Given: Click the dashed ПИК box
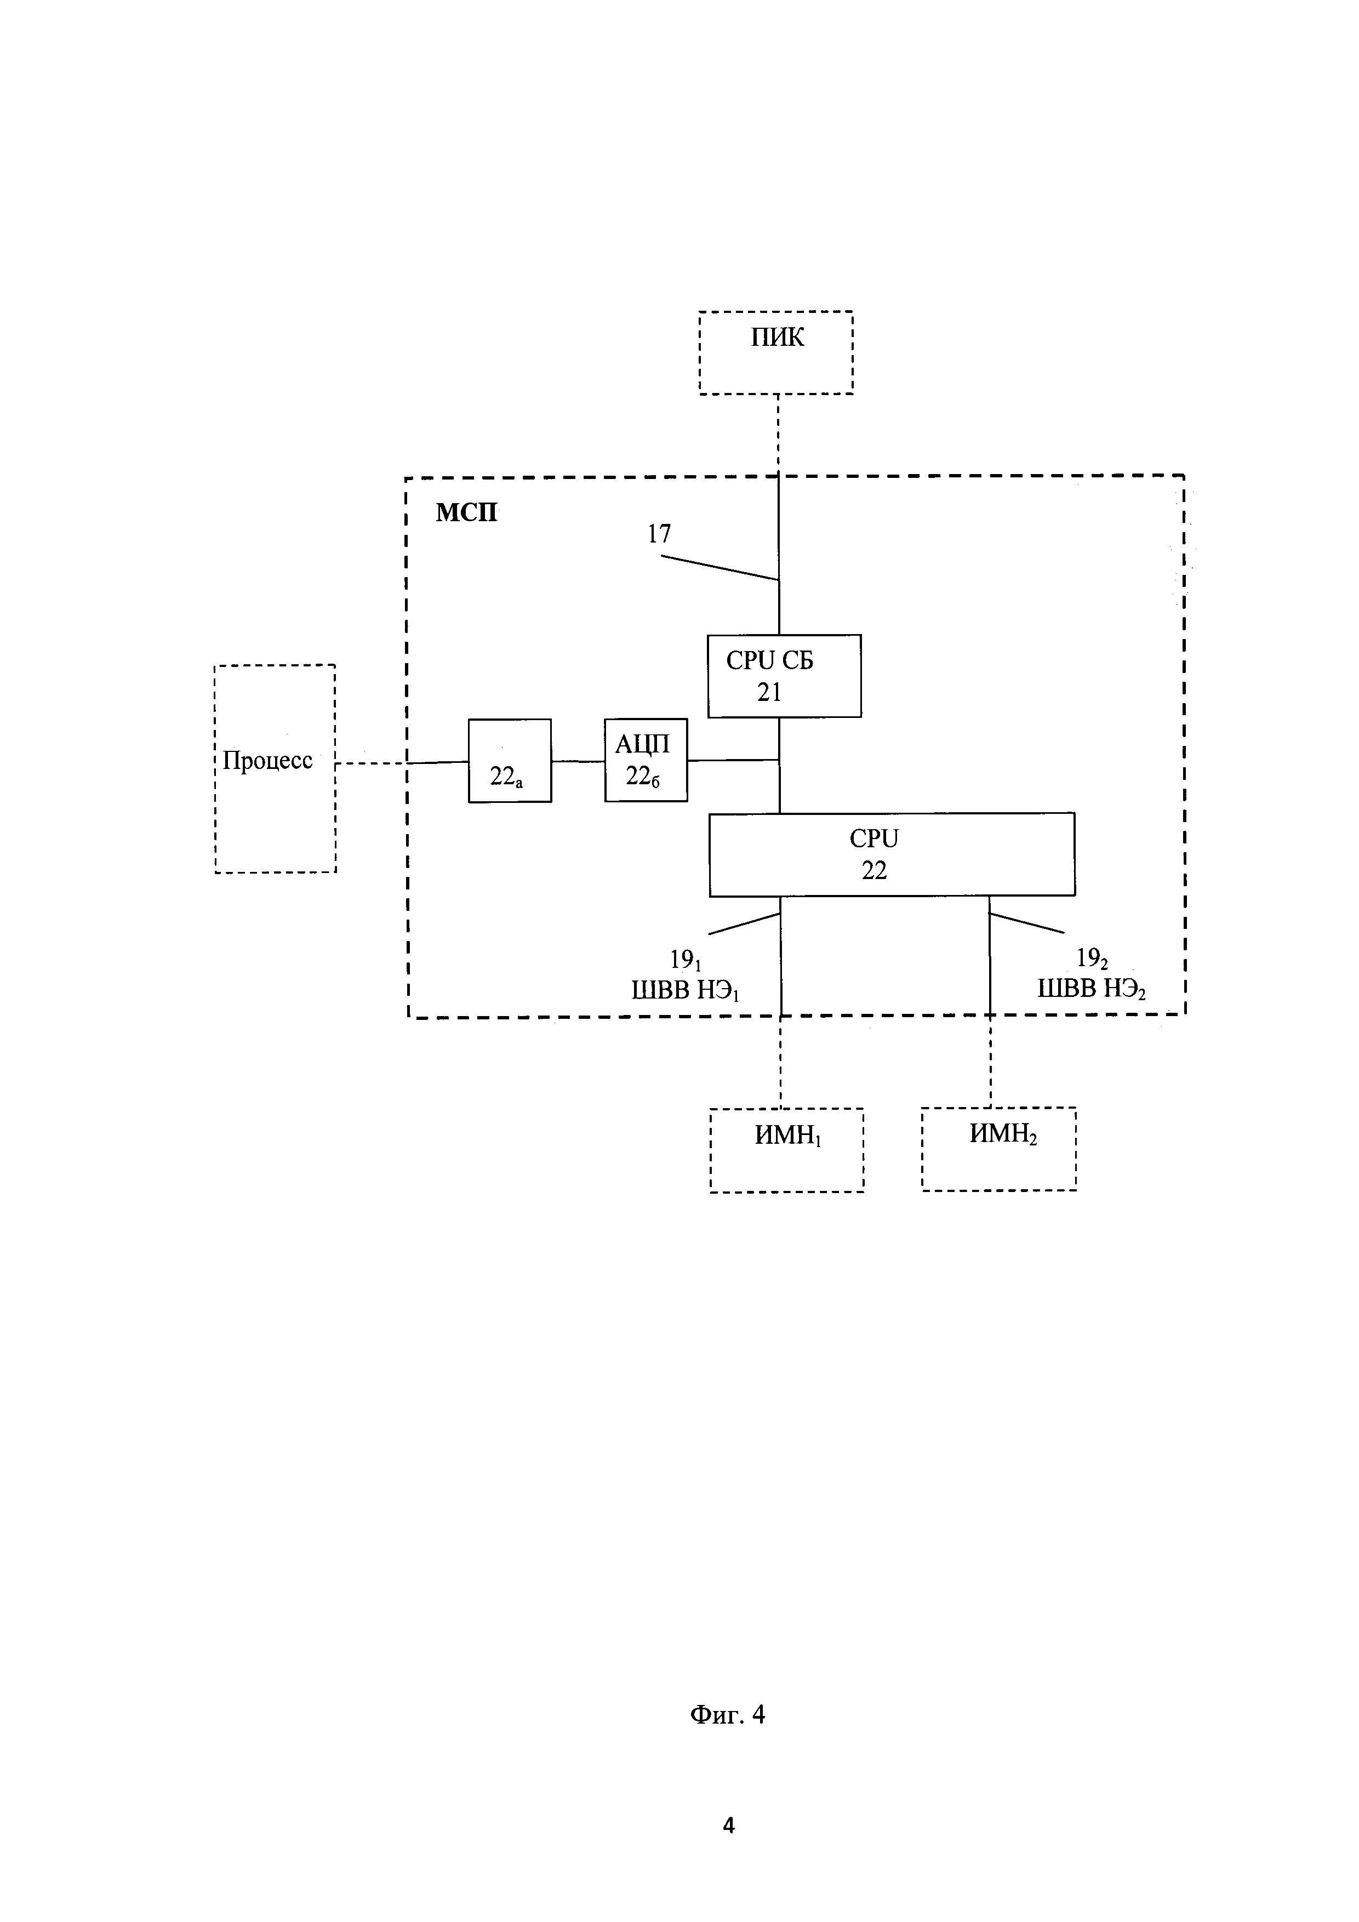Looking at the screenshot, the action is (x=776, y=352).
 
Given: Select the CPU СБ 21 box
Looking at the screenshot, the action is (x=784, y=676).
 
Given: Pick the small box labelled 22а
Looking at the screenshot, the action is (x=510, y=761).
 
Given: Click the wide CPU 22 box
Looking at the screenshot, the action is (x=892, y=855).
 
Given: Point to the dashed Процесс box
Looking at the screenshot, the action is (x=275, y=768).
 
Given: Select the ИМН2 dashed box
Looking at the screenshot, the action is (x=999, y=1149).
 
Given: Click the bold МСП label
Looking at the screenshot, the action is (x=466, y=512).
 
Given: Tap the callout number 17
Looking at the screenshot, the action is (x=659, y=534).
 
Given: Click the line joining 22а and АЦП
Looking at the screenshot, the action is (x=578, y=761).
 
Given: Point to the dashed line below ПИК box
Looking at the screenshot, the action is (x=778, y=435).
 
